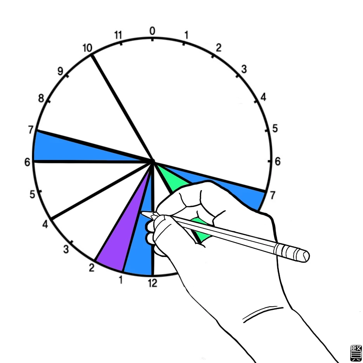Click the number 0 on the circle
[152, 31]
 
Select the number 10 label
[87, 48]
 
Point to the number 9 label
[60, 71]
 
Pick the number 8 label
[41, 98]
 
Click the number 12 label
[153, 283]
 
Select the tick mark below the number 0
[152, 39]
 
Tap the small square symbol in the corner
[355, 353]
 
